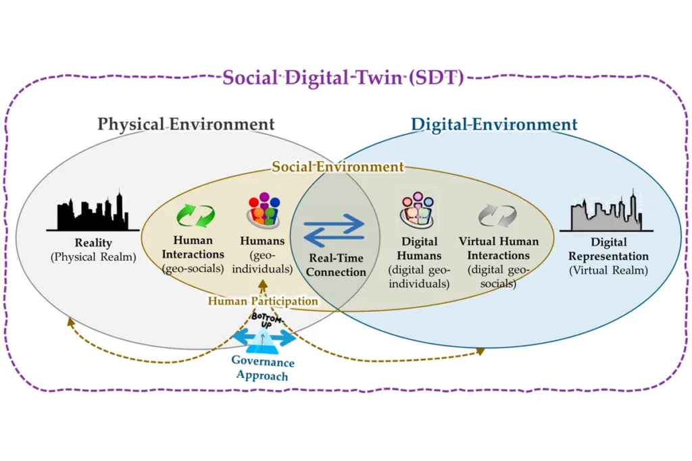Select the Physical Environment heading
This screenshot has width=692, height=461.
point(186,124)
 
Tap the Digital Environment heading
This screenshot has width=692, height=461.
point(494,124)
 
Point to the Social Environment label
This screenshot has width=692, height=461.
point(337,167)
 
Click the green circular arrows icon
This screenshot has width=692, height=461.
point(195,216)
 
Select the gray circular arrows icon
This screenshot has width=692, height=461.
point(497,216)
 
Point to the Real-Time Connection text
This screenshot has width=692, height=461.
point(336,265)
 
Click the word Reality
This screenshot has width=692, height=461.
point(93,242)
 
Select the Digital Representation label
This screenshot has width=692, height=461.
point(608,249)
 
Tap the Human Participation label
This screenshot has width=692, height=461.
point(262,302)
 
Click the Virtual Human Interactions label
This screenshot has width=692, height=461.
point(499,248)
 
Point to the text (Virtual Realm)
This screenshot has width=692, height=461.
point(608,271)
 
